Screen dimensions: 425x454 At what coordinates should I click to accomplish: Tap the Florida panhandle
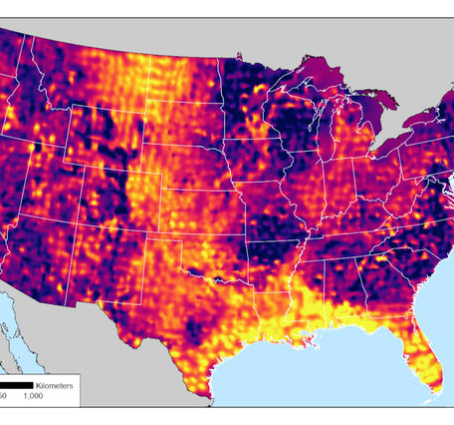[x=343, y=319]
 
